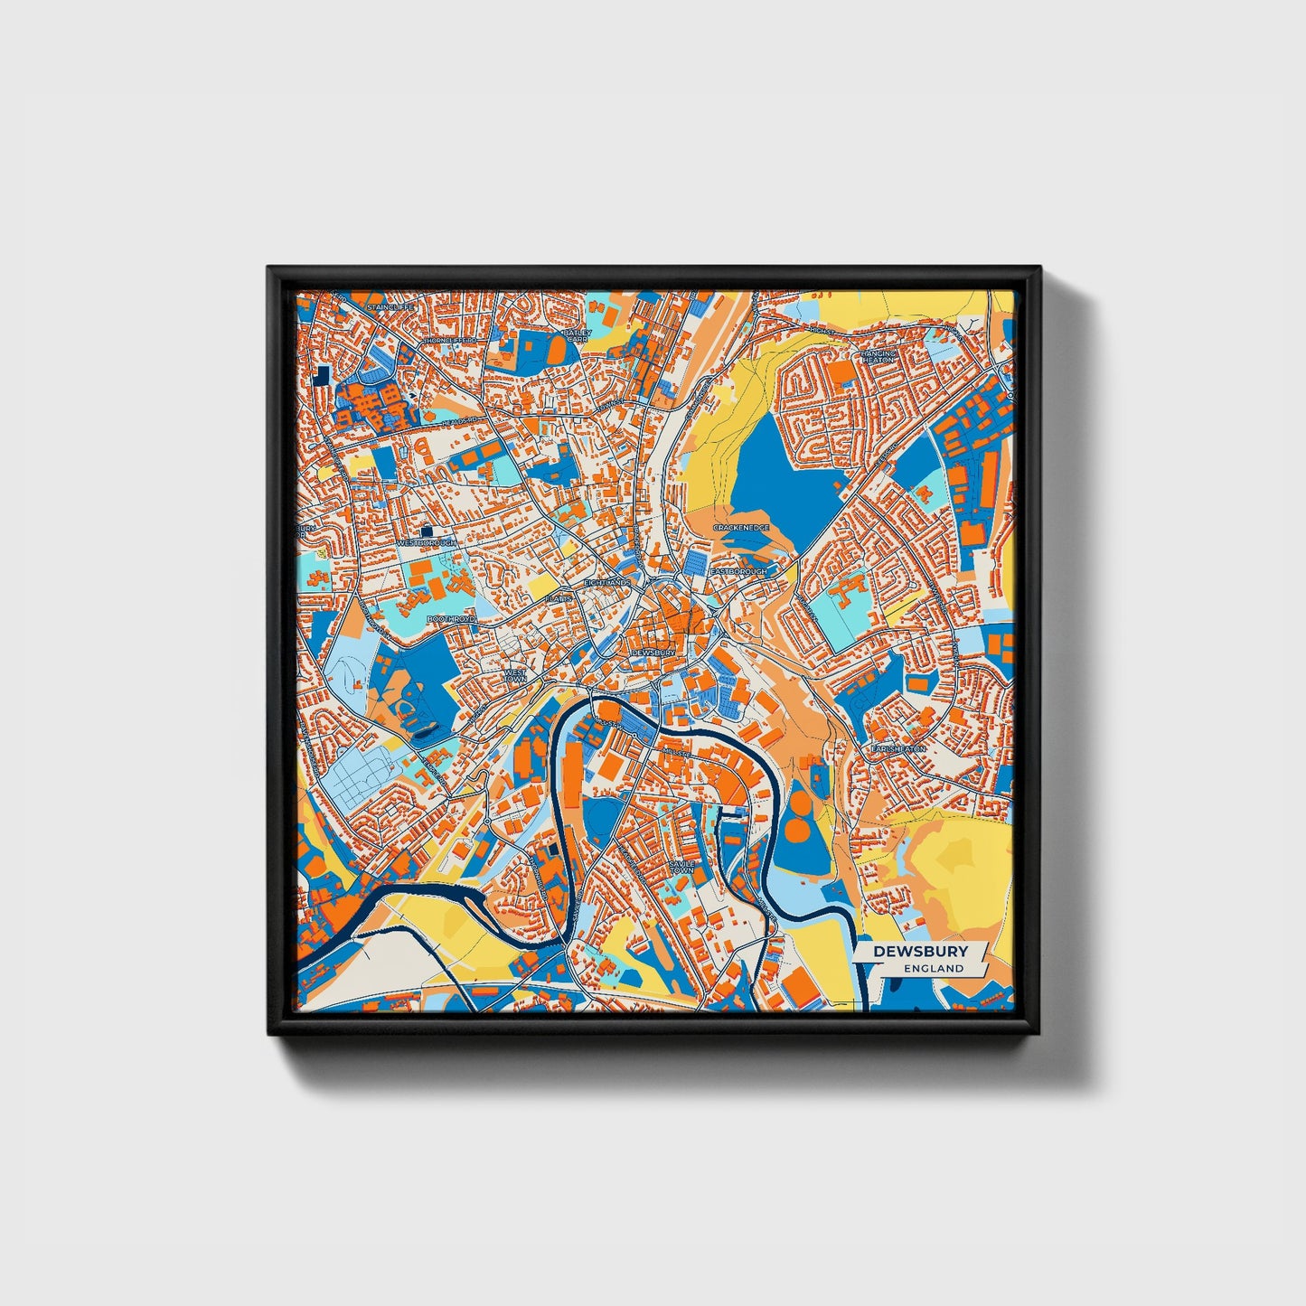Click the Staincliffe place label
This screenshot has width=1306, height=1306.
[x=389, y=307]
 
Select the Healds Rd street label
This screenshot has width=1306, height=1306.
[x=459, y=421]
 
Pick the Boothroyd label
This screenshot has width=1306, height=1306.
[x=450, y=619]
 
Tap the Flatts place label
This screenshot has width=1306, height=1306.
[x=559, y=598]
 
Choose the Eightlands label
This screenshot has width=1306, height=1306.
[x=606, y=583]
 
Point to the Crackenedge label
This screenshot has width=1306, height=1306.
[x=740, y=527]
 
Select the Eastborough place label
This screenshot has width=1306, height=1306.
[x=738, y=571]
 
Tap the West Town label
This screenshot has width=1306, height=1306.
[x=514, y=676]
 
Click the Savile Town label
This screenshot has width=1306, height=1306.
[x=681, y=867]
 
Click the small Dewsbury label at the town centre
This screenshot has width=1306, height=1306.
[x=653, y=652]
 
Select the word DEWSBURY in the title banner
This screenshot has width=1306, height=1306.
[x=920, y=951]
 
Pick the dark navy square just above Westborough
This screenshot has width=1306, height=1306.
[x=427, y=531]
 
